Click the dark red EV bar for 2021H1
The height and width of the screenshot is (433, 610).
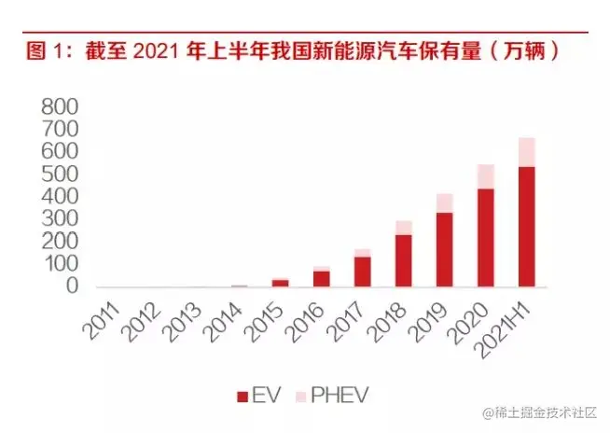click(x=527, y=227)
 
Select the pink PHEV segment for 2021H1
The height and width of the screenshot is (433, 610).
click(x=527, y=152)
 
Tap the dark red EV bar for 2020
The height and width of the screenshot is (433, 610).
click(x=486, y=238)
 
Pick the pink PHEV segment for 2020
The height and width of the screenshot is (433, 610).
click(x=486, y=176)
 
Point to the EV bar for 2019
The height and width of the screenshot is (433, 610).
click(x=445, y=250)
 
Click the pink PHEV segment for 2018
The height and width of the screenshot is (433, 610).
click(x=404, y=228)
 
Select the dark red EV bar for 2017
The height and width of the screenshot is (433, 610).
click(x=363, y=272)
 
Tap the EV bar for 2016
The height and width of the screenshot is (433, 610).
click(x=322, y=278)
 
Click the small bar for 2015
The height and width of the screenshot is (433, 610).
click(x=281, y=283)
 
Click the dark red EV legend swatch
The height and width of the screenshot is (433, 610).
click(x=243, y=398)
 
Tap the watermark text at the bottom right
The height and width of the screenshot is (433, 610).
click(x=542, y=412)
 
